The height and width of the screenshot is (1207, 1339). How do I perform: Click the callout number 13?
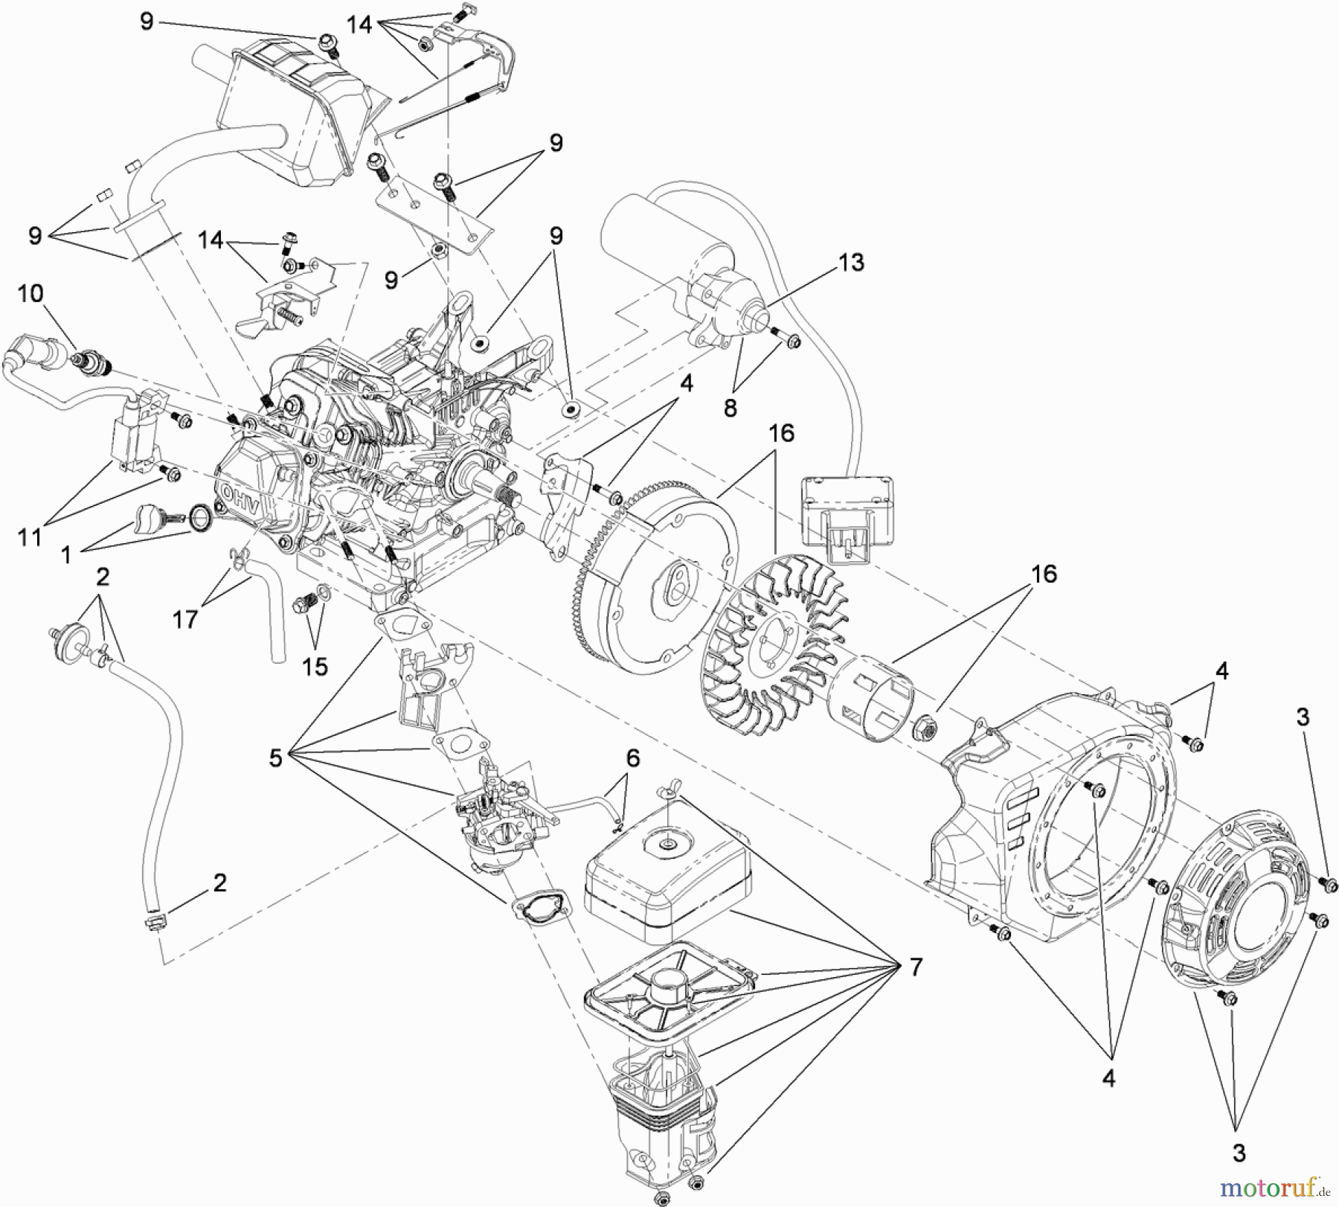click(x=852, y=263)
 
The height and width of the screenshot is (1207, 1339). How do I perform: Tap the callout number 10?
click(x=30, y=293)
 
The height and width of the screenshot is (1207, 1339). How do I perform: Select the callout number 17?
click(x=185, y=618)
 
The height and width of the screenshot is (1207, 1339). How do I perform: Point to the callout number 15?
click(x=315, y=666)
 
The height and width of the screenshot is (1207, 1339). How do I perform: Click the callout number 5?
click(x=276, y=758)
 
